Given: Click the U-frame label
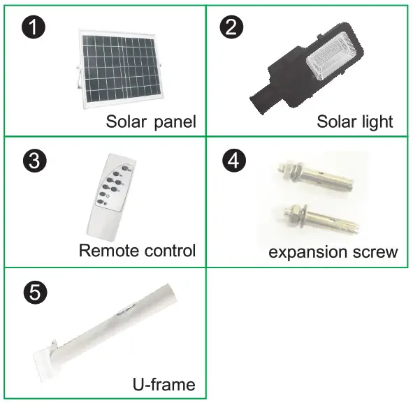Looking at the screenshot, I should point(164,384).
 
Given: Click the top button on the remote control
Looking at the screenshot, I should point(126,168).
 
